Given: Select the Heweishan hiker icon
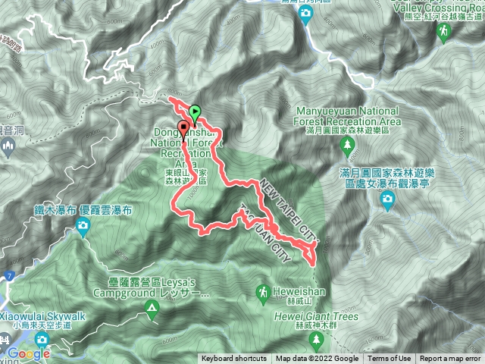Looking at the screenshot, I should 262,291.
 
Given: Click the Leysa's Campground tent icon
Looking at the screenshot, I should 152,308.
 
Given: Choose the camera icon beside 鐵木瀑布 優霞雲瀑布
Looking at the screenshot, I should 82,225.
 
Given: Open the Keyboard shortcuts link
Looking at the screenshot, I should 234,359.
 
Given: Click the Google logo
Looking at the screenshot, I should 29,353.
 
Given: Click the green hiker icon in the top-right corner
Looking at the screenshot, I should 444,30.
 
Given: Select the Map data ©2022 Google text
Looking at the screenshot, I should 318,359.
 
